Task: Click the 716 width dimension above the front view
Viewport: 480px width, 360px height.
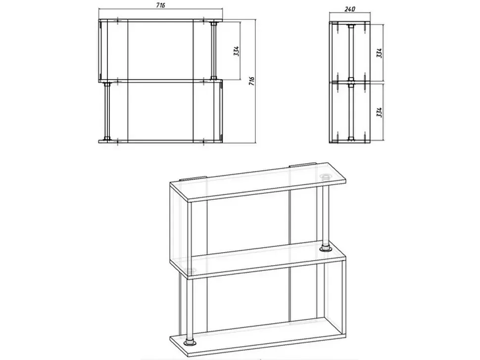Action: click(160, 6)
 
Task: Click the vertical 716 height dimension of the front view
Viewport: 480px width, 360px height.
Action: click(252, 81)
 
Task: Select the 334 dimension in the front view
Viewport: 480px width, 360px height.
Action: click(237, 51)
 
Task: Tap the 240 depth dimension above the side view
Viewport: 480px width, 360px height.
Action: click(349, 9)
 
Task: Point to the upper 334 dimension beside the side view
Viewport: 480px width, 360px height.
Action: click(379, 52)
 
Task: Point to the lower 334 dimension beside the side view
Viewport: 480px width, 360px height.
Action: click(379, 112)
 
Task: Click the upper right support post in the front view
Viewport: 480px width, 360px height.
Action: click(213, 50)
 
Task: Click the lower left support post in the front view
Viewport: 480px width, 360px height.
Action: click(107, 112)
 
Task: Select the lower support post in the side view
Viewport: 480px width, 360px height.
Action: click(351, 112)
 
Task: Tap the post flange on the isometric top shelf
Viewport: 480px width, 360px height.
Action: click(326, 177)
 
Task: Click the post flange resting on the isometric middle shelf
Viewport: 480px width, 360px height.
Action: click(326, 249)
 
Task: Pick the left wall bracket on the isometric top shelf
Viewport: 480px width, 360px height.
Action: click(192, 179)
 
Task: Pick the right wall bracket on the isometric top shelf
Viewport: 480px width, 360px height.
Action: click(303, 165)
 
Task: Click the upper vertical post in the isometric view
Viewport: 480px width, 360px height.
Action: click(326, 215)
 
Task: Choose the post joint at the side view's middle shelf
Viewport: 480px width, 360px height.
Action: click(351, 82)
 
